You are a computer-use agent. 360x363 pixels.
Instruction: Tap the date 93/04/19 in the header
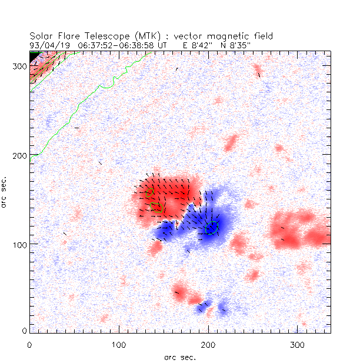click(48, 44)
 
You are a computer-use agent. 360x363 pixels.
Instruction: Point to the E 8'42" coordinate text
click(198, 44)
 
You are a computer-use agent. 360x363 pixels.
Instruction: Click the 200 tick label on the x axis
click(208, 343)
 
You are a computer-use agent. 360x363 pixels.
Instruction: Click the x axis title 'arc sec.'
click(180, 357)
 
